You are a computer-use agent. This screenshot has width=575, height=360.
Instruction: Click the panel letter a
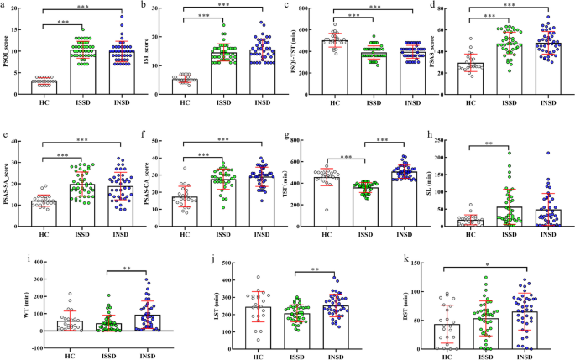pos(4,5)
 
